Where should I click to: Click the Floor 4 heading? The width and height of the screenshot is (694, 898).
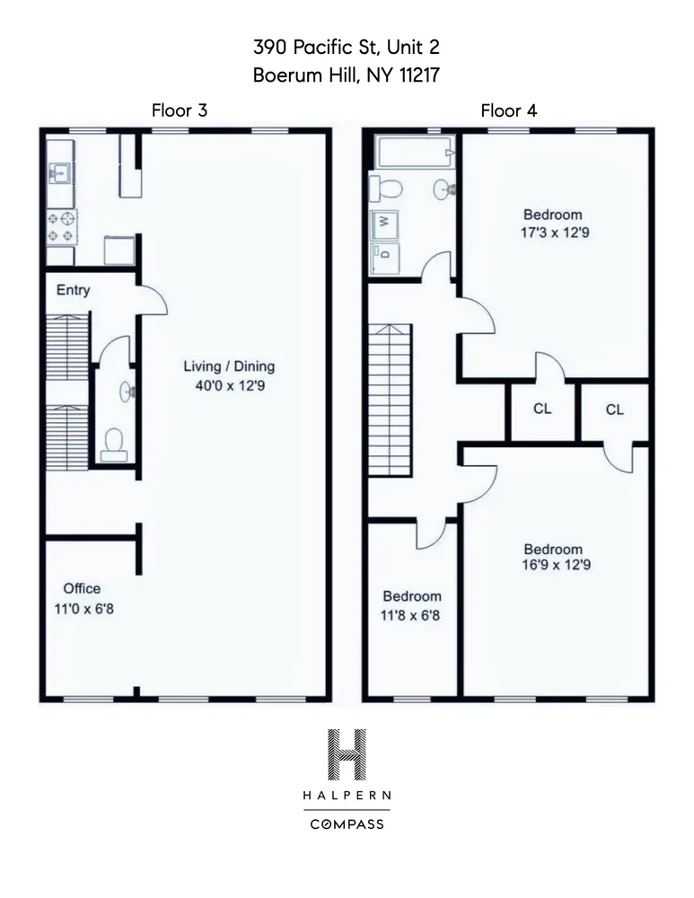pos(509,110)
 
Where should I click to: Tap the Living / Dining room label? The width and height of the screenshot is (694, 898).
pos(229,366)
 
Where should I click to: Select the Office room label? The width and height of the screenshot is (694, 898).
pos(82,589)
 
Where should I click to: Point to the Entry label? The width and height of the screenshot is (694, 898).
pos(73,290)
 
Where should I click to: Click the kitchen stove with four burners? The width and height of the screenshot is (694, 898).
pos(62,226)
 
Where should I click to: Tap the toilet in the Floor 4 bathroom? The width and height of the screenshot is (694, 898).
pos(389,189)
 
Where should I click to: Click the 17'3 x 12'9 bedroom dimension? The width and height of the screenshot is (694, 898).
pos(553,232)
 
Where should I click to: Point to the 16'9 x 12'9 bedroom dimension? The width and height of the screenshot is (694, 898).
pos(553,566)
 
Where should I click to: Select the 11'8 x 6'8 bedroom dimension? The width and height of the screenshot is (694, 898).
pos(412,613)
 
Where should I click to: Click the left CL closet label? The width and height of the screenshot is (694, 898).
pos(542,409)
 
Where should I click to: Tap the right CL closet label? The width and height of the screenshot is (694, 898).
pos(614,409)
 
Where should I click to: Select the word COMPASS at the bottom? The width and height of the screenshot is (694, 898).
pos(347,823)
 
